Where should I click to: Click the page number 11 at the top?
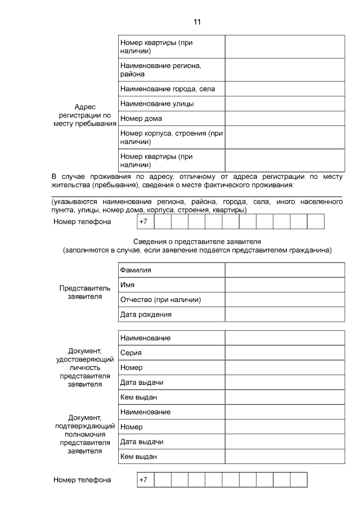(x=197, y=22)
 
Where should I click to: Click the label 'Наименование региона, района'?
(x=160, y=70)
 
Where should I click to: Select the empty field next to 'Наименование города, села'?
(x=285, y=89)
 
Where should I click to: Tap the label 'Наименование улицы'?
(x=157, y=103)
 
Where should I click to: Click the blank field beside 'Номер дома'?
(x=285, y=118)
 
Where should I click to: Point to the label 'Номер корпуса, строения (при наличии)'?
(x=172, y=137)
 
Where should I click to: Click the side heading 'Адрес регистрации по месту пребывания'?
(x=85, y=115)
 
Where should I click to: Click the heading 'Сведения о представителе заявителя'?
(x=197, y=241)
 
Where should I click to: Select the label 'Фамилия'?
(x=136, y=270)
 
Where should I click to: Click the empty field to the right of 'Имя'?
(x=285, y=285)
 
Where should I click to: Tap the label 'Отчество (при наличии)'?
(x=161, y=299)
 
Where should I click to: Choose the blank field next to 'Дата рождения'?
(x=285, y=314)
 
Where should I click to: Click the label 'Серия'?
(x=131, y=353)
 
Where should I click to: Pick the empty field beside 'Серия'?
(x=285, y=353)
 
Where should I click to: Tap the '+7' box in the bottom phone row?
(x=145, y=480)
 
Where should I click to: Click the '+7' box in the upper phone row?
(x=145, y=222)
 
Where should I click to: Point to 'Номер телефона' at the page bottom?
(x=82, y=480)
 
